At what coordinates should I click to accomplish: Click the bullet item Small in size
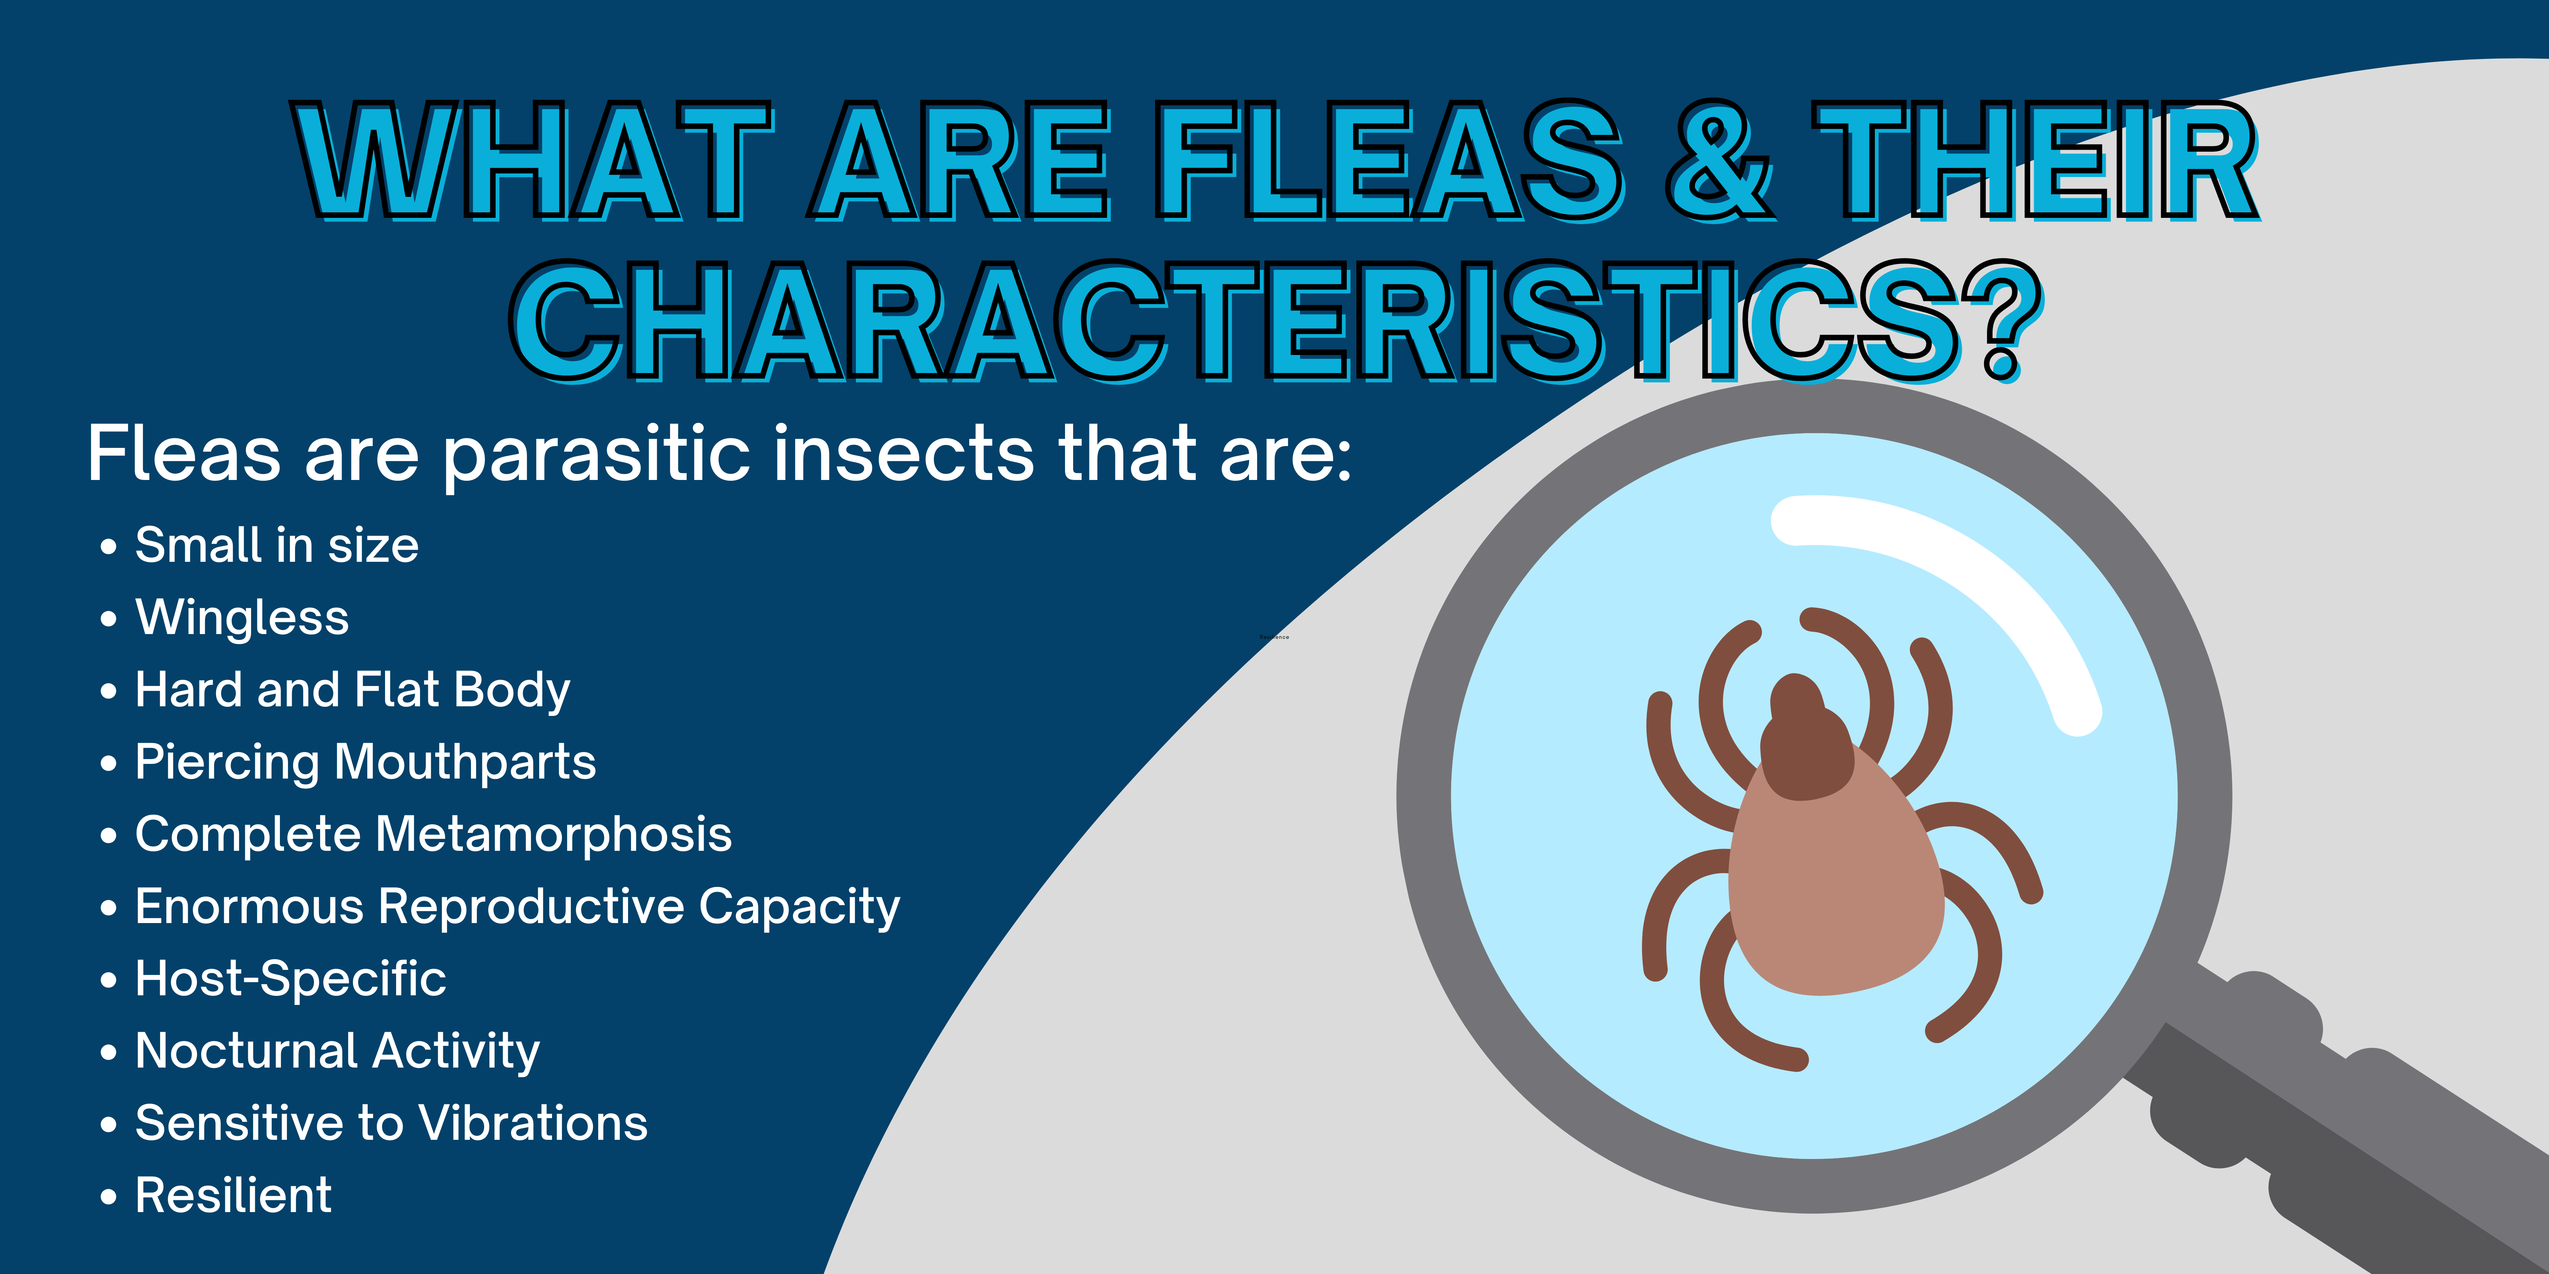276,545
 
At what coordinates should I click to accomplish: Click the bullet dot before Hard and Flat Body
109,690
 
